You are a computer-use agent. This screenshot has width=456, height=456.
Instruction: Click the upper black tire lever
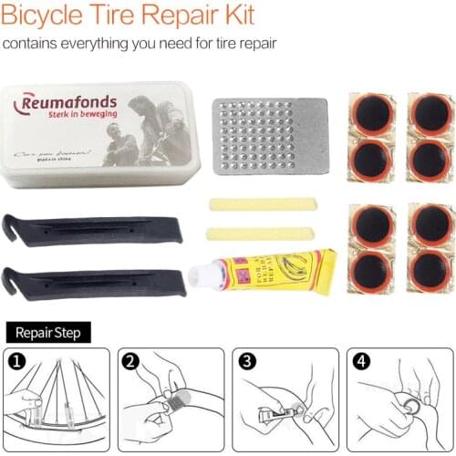click(91, 231)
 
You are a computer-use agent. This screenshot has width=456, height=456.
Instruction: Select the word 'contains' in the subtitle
click(32, 43)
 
